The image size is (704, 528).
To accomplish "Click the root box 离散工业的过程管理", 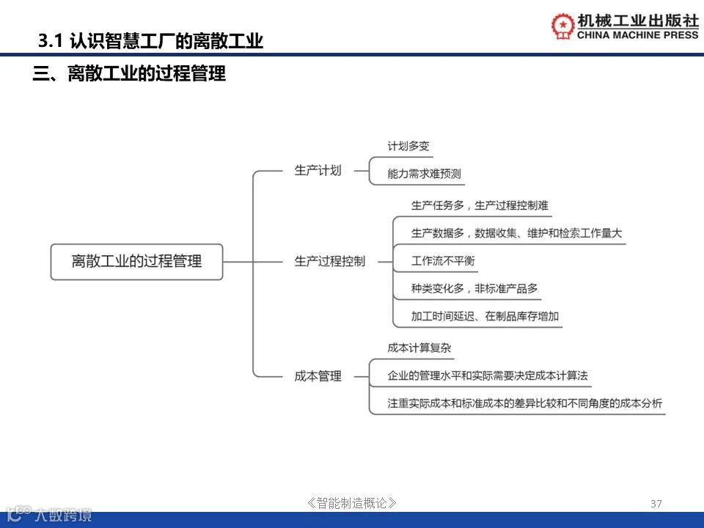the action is point(136,261).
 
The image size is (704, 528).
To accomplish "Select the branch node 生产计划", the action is point(318,171).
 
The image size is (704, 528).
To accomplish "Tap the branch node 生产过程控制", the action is point(329,261).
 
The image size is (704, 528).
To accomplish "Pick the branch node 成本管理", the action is point(318,376).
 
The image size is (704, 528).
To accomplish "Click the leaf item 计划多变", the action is point(408,146).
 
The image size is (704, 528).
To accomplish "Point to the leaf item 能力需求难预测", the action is point(425,174).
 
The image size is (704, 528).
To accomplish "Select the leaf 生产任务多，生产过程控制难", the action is point(480,205).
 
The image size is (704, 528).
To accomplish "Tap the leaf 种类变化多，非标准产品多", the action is point(474,288).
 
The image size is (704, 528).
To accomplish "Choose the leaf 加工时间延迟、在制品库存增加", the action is point(485,316).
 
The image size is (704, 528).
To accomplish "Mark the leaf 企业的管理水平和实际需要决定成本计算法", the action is point(488,375).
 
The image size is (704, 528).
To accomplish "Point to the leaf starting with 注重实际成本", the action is point(524,403).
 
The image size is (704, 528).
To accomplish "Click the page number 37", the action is point(656,503).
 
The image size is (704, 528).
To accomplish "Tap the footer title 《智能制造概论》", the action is point(352,503).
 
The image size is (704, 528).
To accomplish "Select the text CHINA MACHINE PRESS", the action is point(638,34).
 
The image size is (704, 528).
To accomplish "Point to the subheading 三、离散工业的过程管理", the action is point(129,74).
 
